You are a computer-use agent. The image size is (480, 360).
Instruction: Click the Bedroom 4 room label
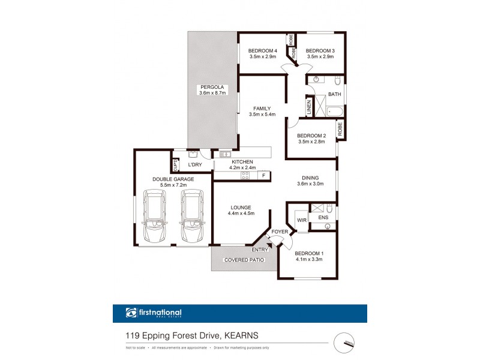(263, 50)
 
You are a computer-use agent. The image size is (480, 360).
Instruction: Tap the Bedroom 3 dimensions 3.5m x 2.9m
(320, 57)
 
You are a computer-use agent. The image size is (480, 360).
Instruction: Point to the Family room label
(263, 109)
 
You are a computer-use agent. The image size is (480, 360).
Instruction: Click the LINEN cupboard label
(310, 107)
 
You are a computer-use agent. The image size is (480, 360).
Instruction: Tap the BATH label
(334, 94)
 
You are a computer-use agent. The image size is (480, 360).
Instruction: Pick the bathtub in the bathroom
(334, 111)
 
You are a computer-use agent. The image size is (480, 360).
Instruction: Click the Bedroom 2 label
(311, 136)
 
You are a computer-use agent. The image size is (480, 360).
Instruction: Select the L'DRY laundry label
(194, 165)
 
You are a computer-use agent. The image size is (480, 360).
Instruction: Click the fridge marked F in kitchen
(263, 175)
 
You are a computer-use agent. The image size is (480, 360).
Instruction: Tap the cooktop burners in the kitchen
(245, 175)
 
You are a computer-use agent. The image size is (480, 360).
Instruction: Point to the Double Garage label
(171, 178)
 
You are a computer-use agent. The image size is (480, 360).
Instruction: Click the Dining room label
(310, 178)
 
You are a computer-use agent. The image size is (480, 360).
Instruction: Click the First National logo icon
(131, 313)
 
